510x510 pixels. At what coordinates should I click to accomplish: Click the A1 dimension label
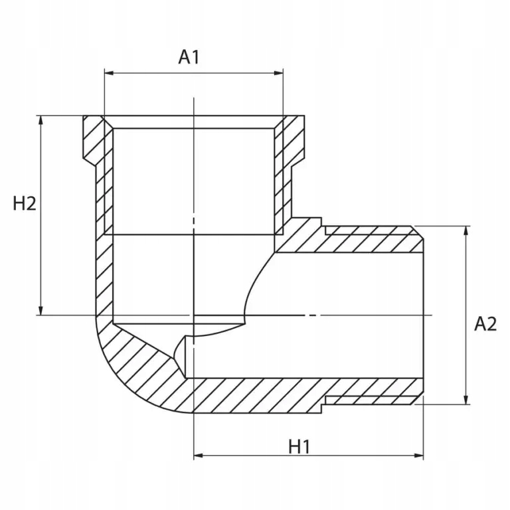coord(189,57)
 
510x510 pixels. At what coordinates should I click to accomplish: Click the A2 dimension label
coord(485,324)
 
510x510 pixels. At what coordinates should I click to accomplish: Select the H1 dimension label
coord(299,447)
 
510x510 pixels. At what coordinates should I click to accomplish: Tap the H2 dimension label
coord(25,204)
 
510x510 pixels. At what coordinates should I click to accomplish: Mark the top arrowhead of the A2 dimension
coord(466,230)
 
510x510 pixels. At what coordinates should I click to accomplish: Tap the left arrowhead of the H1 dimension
coord(198,456)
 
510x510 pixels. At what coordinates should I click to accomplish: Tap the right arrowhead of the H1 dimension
coord(419,456)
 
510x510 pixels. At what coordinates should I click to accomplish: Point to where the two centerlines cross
coord(193,315)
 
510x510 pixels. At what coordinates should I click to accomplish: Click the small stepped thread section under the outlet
coord(372,400)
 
